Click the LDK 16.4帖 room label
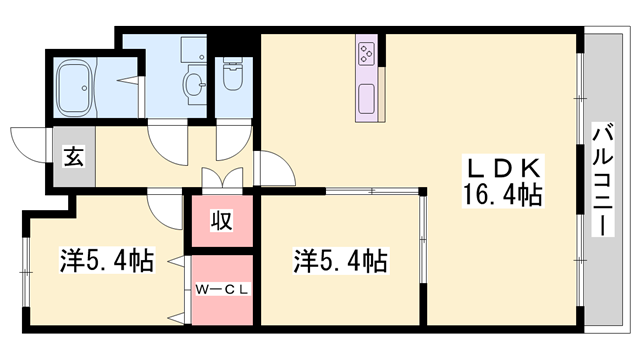pos(503,181)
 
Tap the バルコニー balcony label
pos(603,179)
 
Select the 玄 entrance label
pos(74,157)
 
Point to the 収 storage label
pos(222,220)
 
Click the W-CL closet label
pos(222,289)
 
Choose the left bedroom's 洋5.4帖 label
pos(107,260)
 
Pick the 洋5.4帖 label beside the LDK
pos(340,261)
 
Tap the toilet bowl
pos(233,73)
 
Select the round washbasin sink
pos(195,85)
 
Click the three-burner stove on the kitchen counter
pos(367,53)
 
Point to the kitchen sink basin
pos(367,99)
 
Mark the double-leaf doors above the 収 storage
pos(222,178)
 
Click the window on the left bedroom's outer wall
pos(26,271)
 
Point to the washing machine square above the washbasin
pos(193,49)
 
